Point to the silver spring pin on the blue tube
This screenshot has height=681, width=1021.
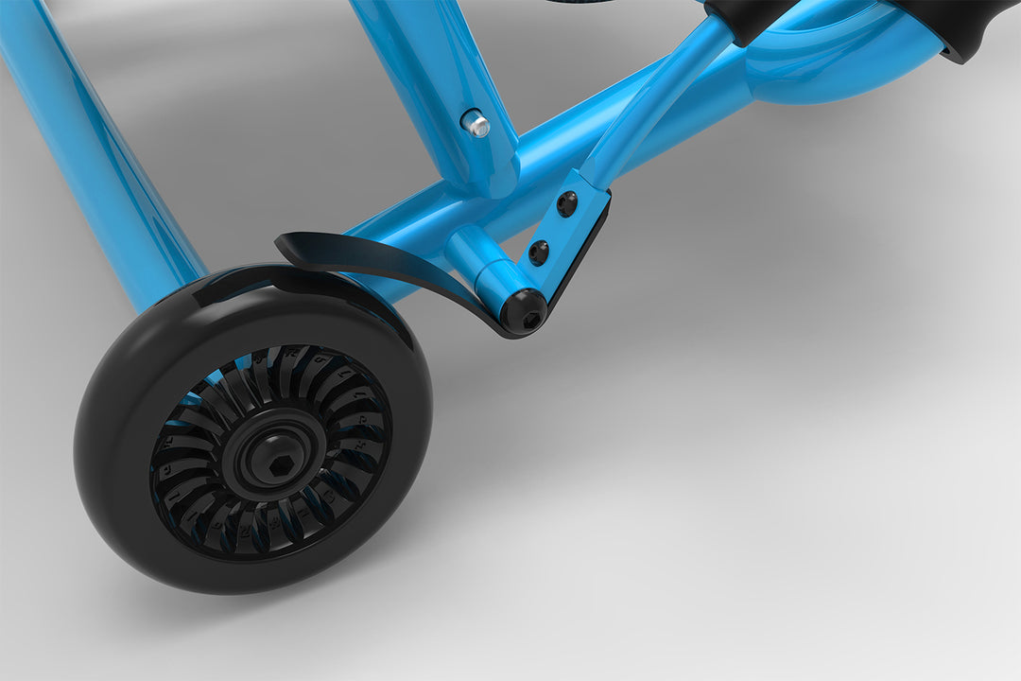tap(476, 123)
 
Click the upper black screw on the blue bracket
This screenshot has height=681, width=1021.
tap(566, 203)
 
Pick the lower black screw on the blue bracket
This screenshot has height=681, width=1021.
tap(538, 252)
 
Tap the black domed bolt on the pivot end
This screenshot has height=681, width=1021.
tap(523, 312)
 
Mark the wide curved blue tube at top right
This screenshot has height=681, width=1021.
tap(832, 61)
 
